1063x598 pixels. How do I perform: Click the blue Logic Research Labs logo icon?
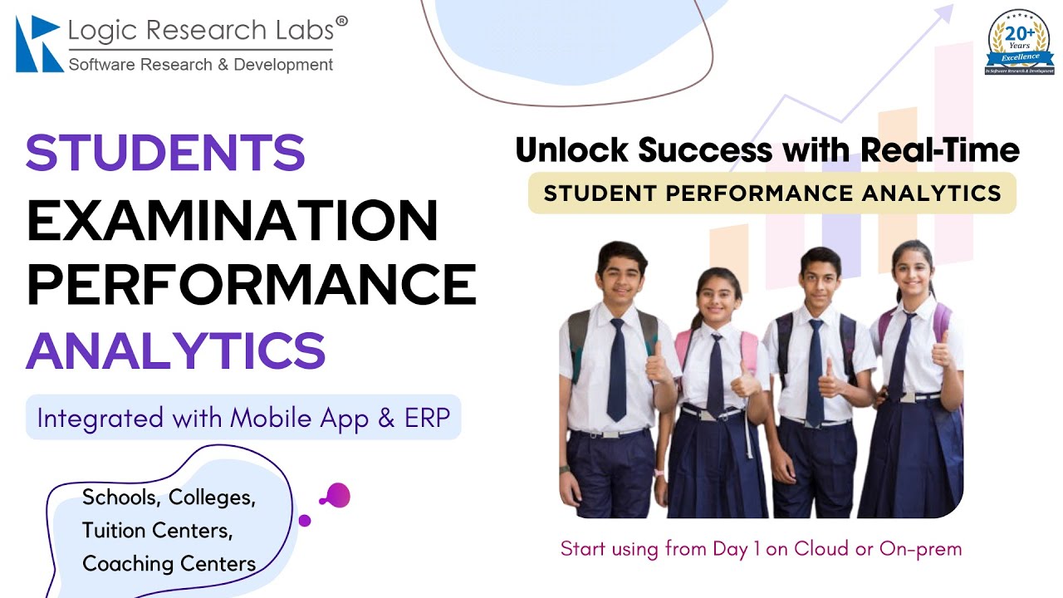(38, 43)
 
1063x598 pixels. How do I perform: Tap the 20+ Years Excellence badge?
(1019, 43)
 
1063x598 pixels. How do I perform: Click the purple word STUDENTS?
(165, 153)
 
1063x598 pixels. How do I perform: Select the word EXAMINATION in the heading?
(233, 221)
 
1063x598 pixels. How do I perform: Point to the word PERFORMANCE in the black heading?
(252, 284)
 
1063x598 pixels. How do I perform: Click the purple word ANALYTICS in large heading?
(175, 350)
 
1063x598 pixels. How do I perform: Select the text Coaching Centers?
(169, 564)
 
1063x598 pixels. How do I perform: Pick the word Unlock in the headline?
(573, 150)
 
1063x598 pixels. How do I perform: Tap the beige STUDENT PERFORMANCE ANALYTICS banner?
(772, 194)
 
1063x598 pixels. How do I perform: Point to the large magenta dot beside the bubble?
(338, 496)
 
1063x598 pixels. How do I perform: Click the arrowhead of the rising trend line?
(944, 13)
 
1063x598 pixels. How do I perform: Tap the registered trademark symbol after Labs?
(341, 22)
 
